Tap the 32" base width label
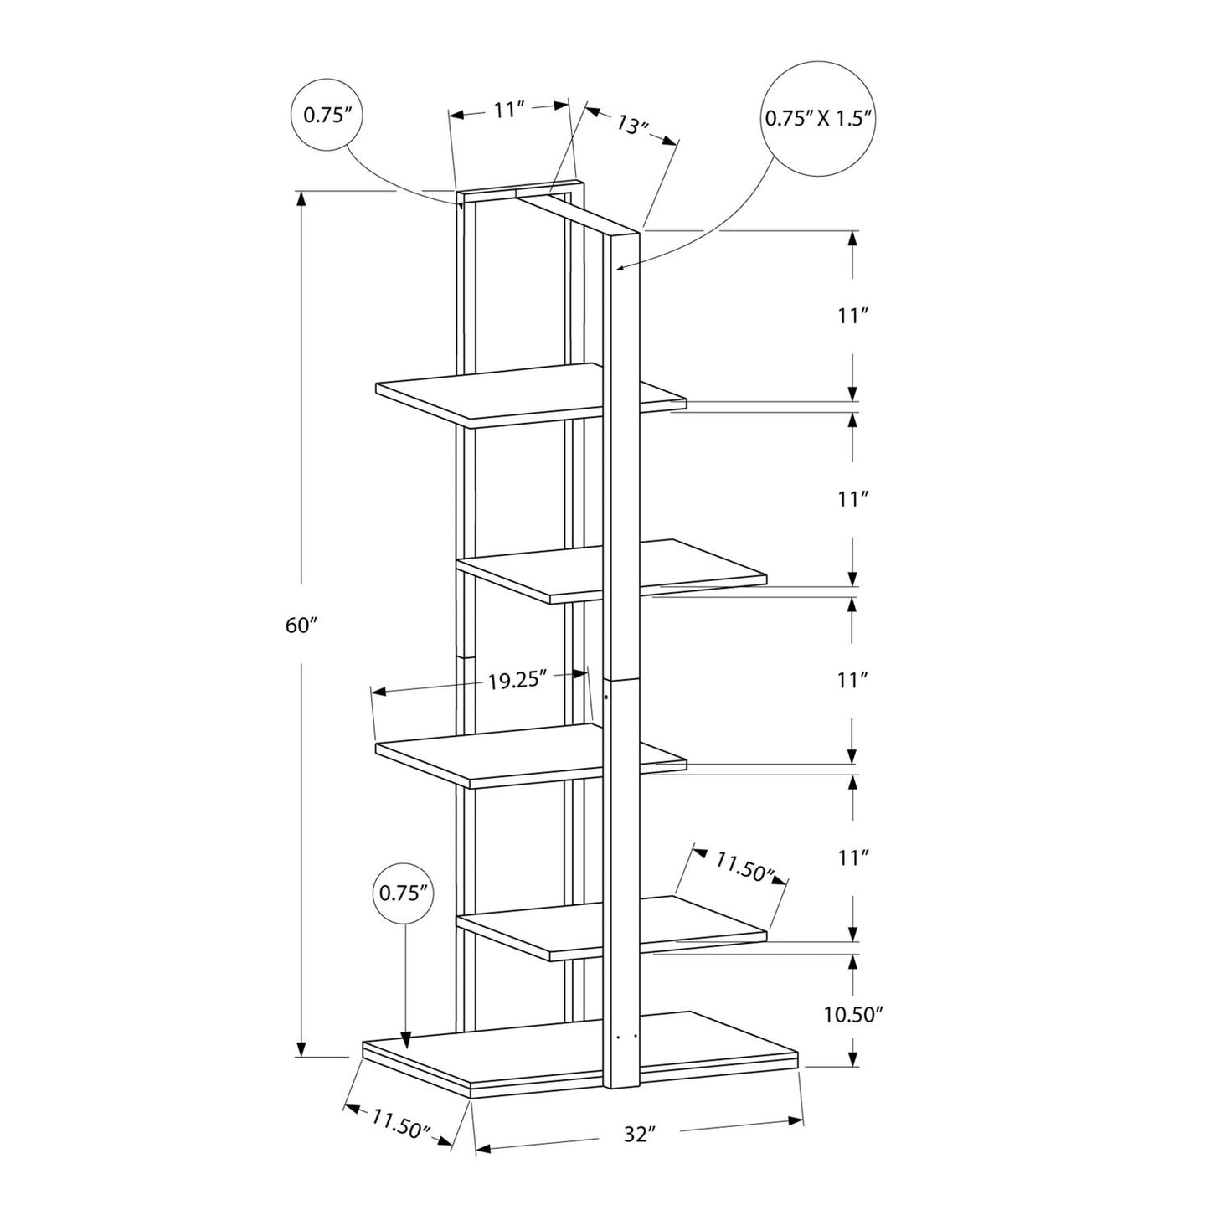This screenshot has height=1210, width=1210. pos(637,1135)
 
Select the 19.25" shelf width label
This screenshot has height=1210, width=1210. pos(517,680)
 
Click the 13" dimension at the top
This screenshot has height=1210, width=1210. pos(634,125)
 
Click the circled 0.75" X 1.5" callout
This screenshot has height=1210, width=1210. pos(819,118)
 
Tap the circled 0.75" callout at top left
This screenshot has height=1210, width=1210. pos(325,116)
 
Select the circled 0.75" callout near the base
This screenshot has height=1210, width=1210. pos(404,893)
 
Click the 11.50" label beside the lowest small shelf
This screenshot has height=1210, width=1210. pos(742,866)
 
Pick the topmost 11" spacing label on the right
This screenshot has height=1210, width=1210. pos(852,317)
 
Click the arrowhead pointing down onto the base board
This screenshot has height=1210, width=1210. pos(405,1041)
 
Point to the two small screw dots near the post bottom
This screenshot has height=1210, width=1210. pos(626,1037)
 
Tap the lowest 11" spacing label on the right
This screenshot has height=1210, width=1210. pos(852,857)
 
